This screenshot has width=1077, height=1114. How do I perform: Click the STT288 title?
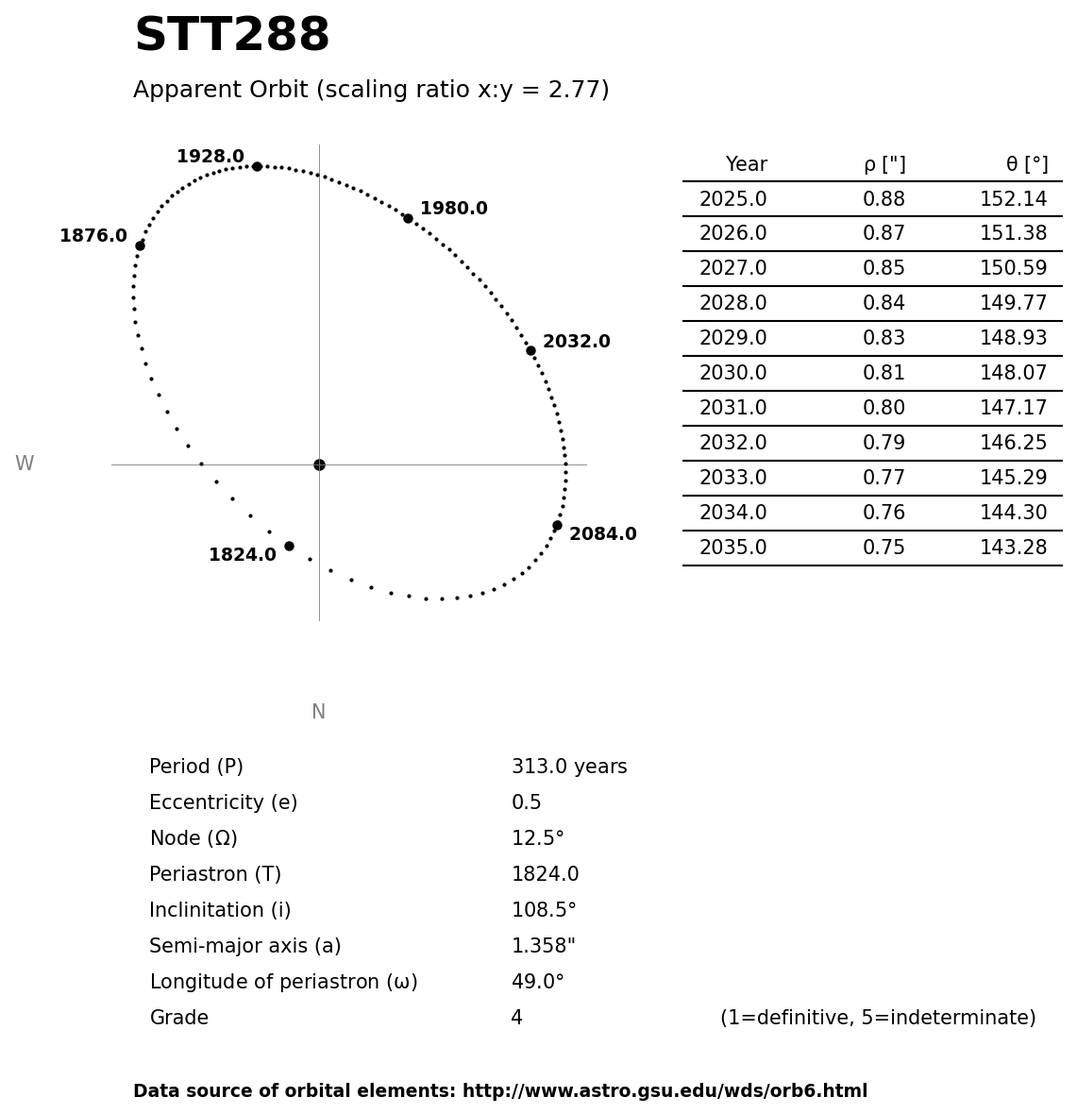tap(232, 37)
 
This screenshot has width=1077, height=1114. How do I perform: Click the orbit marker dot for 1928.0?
tap(257, 166)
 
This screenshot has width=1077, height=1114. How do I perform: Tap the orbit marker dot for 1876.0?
tap(140, 245)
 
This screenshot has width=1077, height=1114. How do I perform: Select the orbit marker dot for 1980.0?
tap(408, 218)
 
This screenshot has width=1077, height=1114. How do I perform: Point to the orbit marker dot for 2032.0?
tap(530, 350)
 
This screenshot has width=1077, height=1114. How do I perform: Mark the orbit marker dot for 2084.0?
tap(557, 525)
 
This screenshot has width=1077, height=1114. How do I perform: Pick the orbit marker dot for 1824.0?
tap(289, 546)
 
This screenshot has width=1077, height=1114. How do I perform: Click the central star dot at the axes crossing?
tap(319, 464)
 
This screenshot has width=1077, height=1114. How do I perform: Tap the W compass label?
tap(25, 464)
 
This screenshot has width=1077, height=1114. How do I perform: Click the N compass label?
tap(318, 713)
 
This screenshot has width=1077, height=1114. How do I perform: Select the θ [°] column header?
tap(1026, 165)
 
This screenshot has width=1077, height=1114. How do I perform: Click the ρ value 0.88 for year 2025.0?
tap(883, 200)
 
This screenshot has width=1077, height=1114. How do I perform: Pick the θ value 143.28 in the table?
tap(1013, 549)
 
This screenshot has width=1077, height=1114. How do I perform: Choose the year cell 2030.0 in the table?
tap(732, 374)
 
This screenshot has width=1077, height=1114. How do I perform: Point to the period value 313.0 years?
tap(569, 768)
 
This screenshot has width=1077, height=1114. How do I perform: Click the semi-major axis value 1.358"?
tap(543, 947)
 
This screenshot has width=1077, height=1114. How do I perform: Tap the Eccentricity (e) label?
tap(223, 803)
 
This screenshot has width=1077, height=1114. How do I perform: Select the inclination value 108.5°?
tap(544, 911)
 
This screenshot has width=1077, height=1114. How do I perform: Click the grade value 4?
tap(516, 1019)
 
